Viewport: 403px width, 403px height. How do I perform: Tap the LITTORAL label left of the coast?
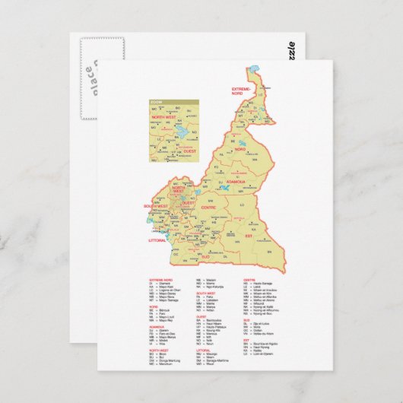[x=157, y=240]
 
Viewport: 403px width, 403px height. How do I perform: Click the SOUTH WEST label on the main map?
[x=156, y=206]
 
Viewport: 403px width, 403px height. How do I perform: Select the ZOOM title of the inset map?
[x=157, y=101]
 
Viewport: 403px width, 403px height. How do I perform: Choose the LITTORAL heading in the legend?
[x=206, y=328]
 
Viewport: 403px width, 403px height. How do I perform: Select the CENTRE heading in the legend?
[x=249, y=280]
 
